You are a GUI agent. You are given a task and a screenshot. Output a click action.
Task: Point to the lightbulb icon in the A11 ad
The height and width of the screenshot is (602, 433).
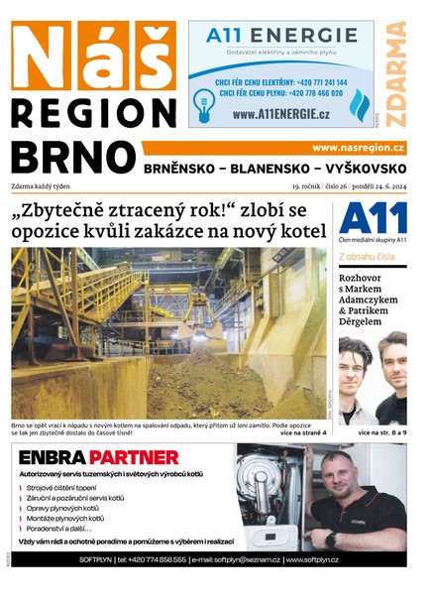pyautogui.click(x=205, y=99)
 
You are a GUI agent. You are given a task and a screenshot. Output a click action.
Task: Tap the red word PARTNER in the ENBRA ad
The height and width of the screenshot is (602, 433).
pyautogui.click(x=133, y=458)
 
